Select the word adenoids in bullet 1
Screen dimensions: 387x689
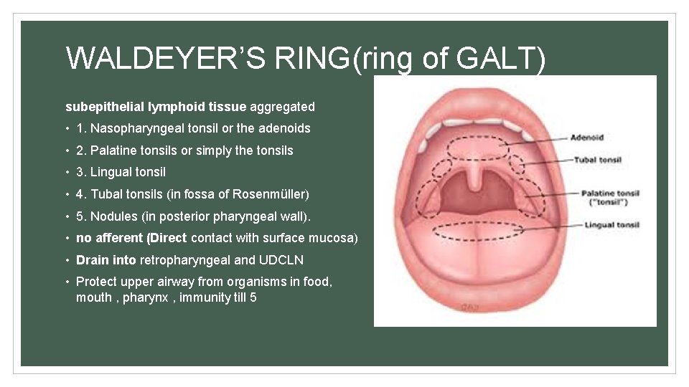(284, 128)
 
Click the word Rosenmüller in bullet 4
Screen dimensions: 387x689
(271, 194)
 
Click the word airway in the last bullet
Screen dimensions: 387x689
(167, 282)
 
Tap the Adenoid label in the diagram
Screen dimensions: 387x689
(586, 137)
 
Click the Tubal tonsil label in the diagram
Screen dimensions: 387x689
(597, 160)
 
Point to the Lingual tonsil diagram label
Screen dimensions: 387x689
(611, 225)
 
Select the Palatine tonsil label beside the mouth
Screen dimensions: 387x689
(609, 193)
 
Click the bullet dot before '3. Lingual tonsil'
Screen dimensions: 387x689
(67, 173)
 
